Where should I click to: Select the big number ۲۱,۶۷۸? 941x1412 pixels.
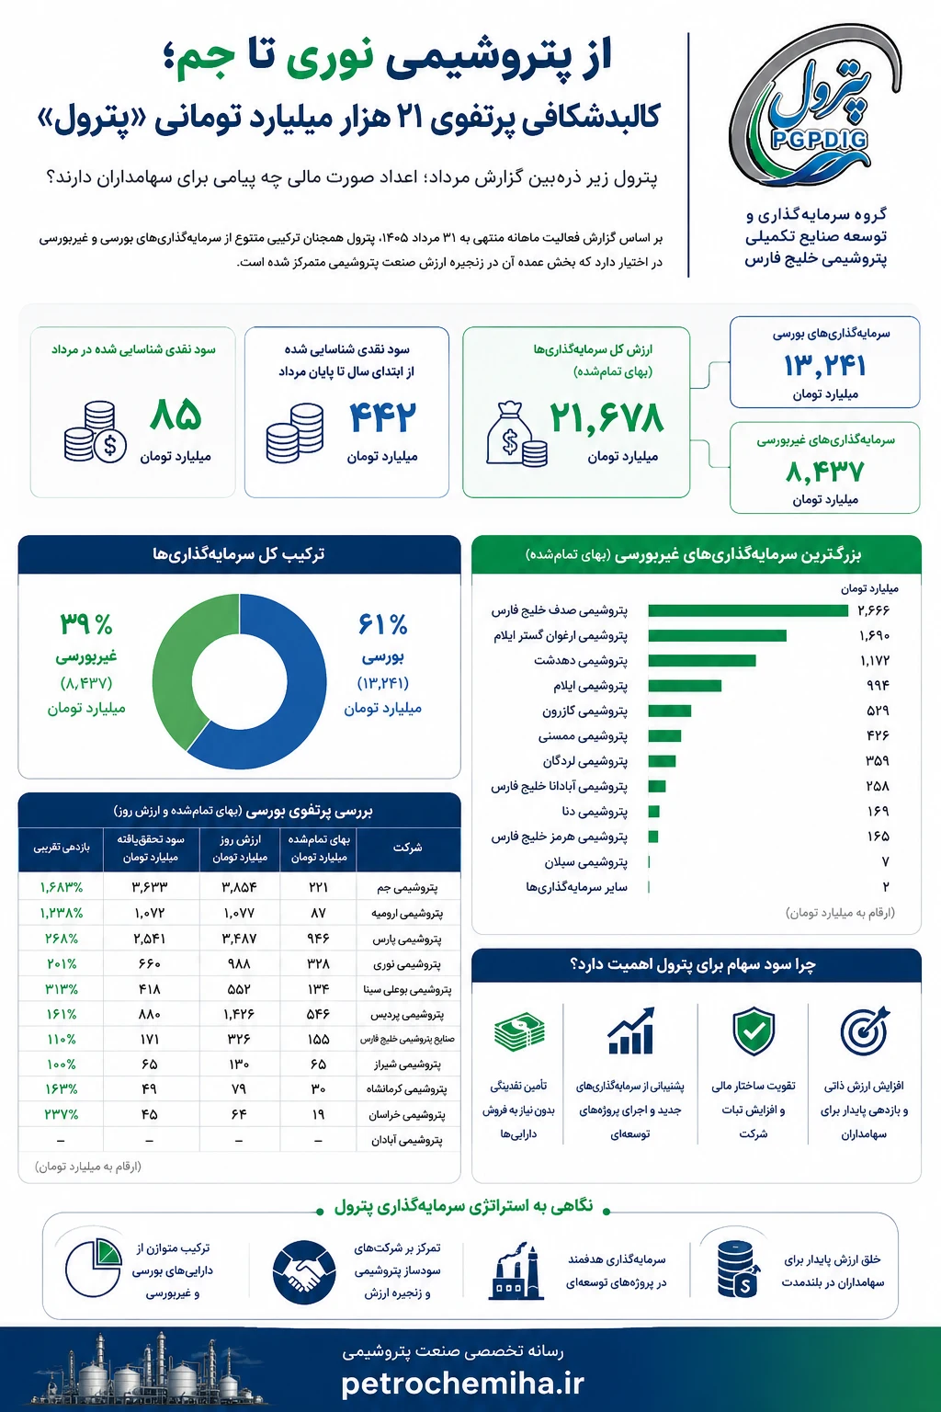(x=607, y=418)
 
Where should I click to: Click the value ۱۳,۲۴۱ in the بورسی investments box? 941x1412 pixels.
(x=824, y=366)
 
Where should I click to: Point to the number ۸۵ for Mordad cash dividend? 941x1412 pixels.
(x=176, y=416)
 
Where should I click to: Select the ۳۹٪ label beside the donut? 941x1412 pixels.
(x=86, y=625)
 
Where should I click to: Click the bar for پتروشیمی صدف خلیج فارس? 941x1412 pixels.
(x=748, y=610)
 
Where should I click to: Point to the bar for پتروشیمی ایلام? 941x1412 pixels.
(x=685, y=686)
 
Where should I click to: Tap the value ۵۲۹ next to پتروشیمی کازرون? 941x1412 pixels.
(x=878, y=711)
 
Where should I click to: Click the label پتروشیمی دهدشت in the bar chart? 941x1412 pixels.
(x=581, y=661)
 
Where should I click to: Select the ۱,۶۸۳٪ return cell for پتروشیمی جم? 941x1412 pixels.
(x=62, y=887)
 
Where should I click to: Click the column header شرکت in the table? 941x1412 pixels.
(x=407, y=848)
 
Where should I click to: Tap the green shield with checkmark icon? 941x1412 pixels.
(x=754, y=1031)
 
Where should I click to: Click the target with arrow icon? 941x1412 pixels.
(x=865, y=1031)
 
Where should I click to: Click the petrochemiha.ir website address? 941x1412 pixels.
(x=462, y=1384)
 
